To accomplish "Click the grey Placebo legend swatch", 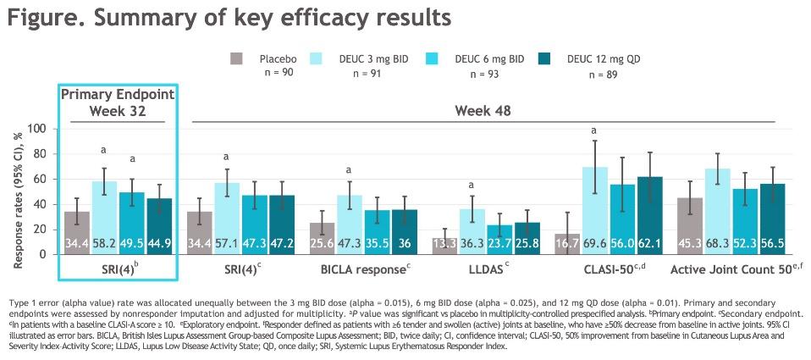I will pyautogui.click(x=237, y=58).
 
